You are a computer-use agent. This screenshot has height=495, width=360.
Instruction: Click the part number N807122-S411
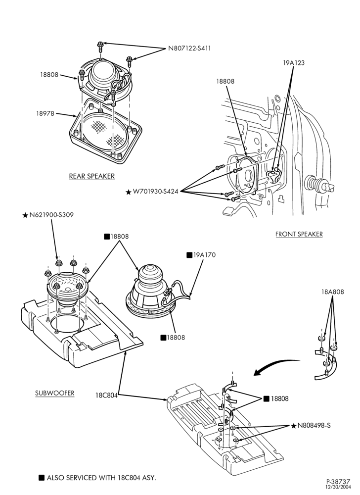(189, 49)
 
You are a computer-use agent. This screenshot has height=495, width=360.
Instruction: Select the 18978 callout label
(45, 114)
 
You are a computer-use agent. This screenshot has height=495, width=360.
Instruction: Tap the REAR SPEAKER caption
(92, 176)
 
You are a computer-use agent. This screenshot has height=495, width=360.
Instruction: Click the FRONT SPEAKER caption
(299, 234)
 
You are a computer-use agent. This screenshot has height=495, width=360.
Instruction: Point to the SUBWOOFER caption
(54, 393)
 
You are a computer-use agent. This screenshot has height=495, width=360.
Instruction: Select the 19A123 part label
(294, 63)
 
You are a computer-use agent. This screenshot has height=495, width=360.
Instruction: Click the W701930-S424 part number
(156, 192)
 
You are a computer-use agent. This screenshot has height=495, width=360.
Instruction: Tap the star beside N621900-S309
(25, 215)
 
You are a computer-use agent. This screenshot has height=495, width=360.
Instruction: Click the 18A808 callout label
(333, 292)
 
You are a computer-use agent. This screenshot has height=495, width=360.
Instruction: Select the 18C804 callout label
(106, 395)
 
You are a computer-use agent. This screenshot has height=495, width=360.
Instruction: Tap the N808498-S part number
(314, 426)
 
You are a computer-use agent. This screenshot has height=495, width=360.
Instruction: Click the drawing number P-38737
(338, 482)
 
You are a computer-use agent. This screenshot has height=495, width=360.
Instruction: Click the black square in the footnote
(42, 478)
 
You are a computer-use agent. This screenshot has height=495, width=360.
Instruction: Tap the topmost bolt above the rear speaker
(100, 46)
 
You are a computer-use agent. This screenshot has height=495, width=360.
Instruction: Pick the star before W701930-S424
(128, 192)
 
